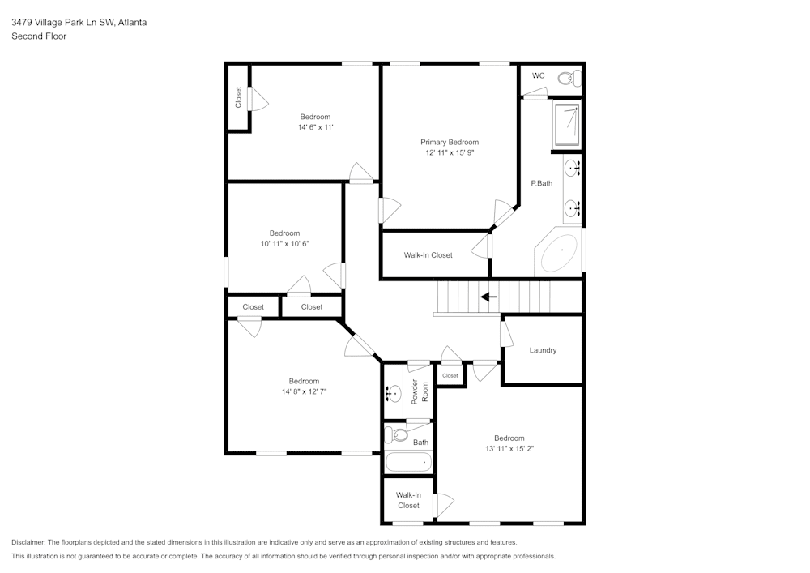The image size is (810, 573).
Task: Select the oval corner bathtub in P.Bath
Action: [560, 254]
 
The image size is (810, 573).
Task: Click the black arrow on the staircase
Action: [488, 297]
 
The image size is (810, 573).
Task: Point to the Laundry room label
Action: [543, 350]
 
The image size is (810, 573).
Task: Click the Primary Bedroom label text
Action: [449, 142]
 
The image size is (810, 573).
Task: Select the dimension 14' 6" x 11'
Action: [315, 127]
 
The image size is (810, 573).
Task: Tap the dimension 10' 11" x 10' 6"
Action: [284, 243]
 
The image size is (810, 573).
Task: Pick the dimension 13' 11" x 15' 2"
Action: [509, 448]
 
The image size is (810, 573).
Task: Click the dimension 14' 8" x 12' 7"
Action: [304, 391]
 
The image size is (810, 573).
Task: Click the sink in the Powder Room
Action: [393, 394]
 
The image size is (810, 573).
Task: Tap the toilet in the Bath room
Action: [397, 435]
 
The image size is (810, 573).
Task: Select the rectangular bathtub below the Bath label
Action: [408, 462]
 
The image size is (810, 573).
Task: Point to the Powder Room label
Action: [419, 391]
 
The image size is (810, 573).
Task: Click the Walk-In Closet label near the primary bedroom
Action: [428, 255]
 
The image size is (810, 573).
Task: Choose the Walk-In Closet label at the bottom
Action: [408, 500]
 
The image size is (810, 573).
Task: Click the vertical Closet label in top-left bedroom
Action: [238, 97]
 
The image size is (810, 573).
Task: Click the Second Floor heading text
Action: [39, 36]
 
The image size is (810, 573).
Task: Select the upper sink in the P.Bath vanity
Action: [572, 169]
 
